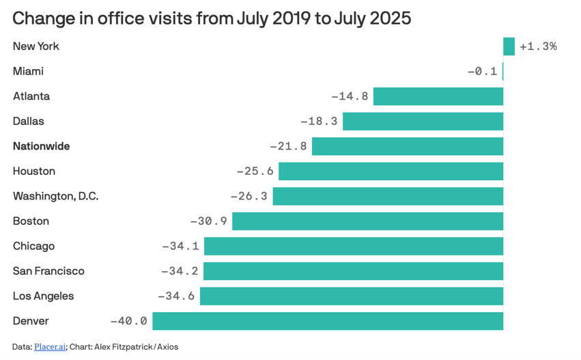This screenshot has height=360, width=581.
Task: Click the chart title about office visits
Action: (x=212, y=18)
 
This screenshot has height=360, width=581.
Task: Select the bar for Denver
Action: (x=328, y=321)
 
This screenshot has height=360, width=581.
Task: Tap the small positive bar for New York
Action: (x=509, y=46)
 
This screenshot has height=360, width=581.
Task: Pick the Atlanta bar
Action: (x=438, y=96)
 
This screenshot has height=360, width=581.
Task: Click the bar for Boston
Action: (x=367, y=221)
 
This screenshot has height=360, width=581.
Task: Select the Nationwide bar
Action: (x=408, y=146)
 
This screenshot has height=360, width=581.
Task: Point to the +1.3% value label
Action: (x=538, y=46)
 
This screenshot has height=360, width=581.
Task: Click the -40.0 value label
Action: (x=129, y=321)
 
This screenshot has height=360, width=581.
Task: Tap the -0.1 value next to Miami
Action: (x=482, y=72)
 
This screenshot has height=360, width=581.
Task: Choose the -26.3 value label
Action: (x=249, y=196)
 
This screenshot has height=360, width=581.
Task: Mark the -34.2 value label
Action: (x=180, y=271)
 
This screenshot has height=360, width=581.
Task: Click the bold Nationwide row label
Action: (x=41, y=146)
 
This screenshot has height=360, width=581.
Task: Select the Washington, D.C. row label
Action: (x=55, y=196)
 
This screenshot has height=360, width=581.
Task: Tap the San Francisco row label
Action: (x=48, y=271)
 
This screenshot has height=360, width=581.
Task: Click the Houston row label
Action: (x=33, y=171)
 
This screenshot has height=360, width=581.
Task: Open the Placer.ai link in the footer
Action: (x=50, y=347)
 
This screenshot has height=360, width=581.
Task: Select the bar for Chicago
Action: (x=354, y=246)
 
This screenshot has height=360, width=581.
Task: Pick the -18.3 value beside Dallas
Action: (x=319, y=122)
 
